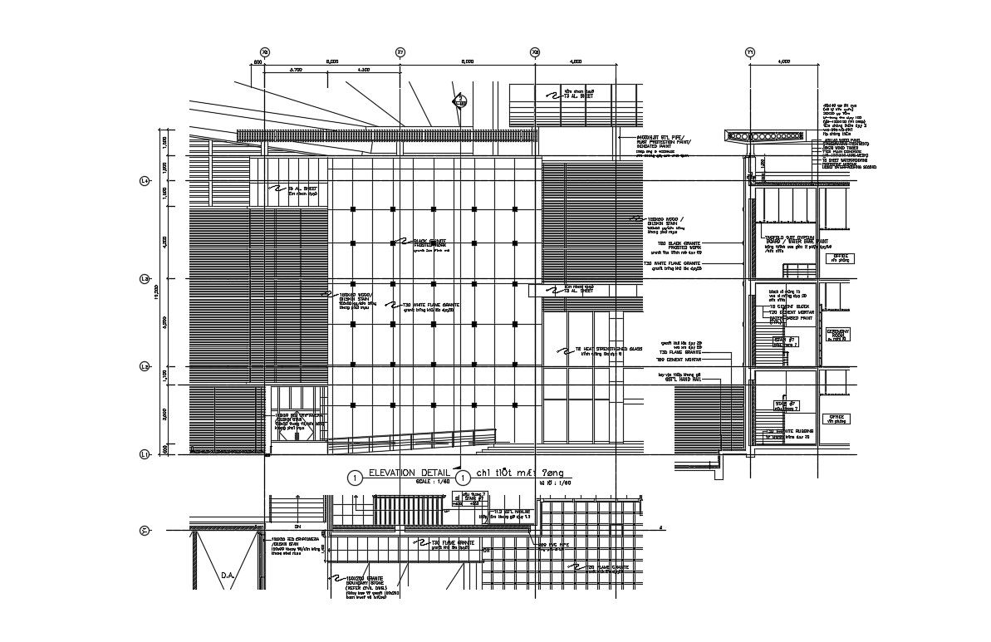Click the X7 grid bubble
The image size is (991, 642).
click(x=400, y=51)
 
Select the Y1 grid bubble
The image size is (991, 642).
click(x=750, y=51)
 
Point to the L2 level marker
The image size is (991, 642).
click(x=144, y=366)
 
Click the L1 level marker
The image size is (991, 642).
click(x=144, y=454)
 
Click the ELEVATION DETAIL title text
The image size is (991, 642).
click(x=403, y=472)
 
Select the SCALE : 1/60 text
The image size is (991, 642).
click(x=431, y=482)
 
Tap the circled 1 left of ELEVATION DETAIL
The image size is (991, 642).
click(x=355, y=478)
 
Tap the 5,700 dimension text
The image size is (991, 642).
click(x=295, y=70)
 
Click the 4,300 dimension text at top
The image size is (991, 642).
click(x=363, y=70)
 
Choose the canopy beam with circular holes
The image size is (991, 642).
click(x=764, y=136)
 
